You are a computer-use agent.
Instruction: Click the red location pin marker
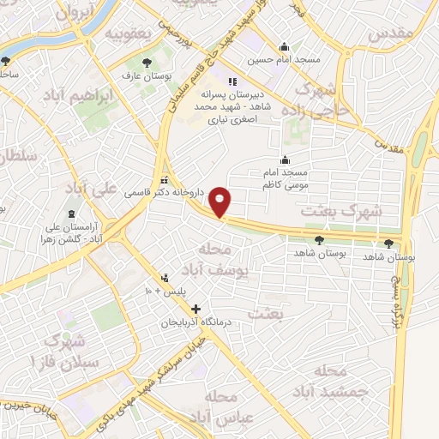tap(221, 202)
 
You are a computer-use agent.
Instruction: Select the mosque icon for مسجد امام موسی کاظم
tap(286, 159)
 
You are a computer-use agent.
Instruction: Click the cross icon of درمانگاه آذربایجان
tap(197, 309)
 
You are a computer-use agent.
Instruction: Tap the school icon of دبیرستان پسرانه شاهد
tap(231, 83)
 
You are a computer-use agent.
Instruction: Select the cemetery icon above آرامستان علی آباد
tap(70, 213)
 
